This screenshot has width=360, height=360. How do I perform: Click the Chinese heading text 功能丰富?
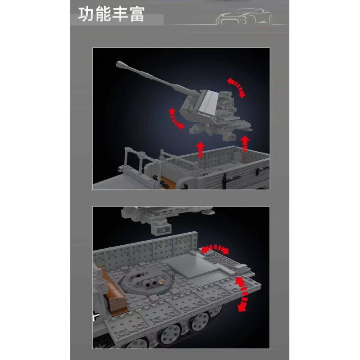[x=111, y=14]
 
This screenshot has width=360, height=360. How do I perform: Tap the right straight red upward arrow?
[x=245, y=144]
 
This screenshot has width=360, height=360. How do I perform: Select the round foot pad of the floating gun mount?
[x=206, y=211]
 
